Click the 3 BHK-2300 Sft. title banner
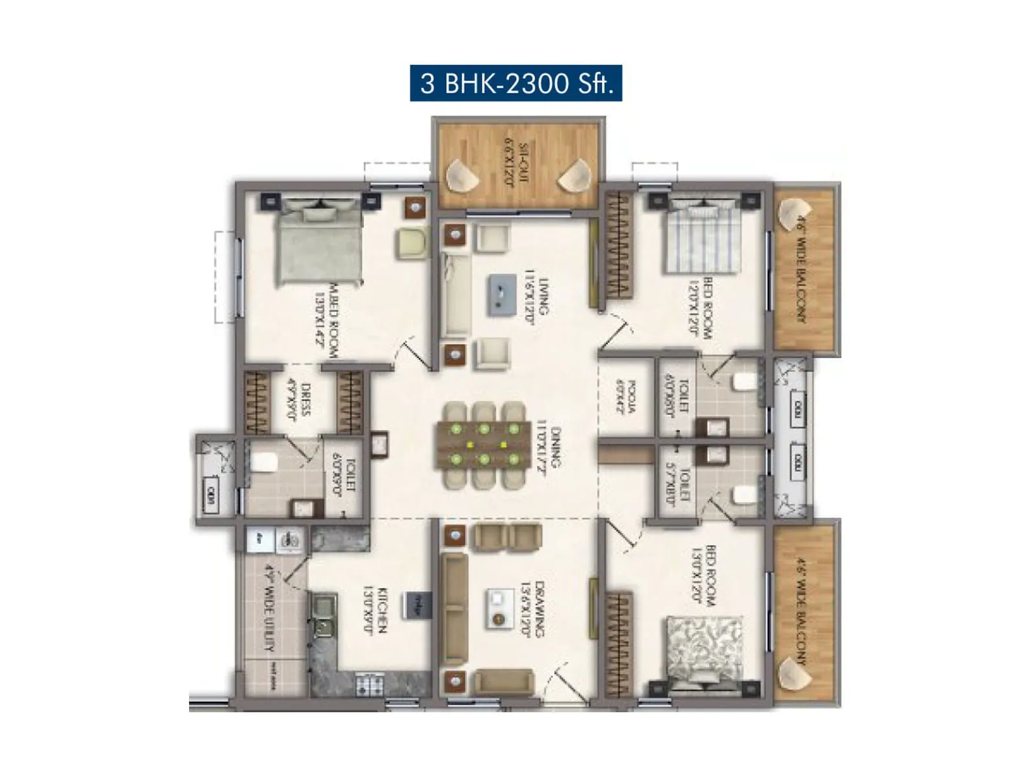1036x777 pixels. click(x=515, y=83)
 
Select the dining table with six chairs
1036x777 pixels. click(x=484, y=444)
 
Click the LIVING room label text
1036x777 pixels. click(x=537, y=296)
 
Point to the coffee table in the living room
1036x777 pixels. click(x=502, y=295)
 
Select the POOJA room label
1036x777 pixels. click(x=627, y=396)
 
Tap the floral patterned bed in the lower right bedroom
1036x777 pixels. click(x=704, y=651)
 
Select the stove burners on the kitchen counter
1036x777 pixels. click(x=370, y=684)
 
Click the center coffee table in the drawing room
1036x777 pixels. click(x=499, y=609)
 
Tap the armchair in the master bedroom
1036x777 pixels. click(x=412, y=243)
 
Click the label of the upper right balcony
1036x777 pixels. click(x=802, y=269)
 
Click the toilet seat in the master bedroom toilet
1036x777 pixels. click(x=264, y=462)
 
